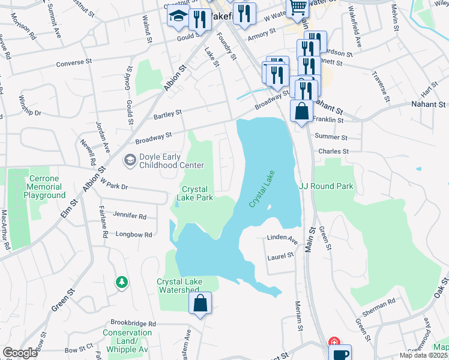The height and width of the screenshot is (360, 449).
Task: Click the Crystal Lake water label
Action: coord(262,188)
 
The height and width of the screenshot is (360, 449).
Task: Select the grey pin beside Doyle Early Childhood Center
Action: coord(128,160)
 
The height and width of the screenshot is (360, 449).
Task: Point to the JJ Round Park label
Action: coord(326,186)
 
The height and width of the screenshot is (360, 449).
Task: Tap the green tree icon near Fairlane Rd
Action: coord(122,281)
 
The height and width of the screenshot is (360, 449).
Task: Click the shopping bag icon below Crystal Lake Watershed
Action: coord(200,304)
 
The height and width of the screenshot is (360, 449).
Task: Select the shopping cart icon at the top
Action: coord(298,8)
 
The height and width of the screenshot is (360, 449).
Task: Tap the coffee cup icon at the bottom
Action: coord(341,354)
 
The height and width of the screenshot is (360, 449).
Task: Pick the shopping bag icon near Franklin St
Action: coord(301,112)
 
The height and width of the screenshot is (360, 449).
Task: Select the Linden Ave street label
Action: coord(282,239)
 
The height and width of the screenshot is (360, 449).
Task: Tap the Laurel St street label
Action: coord(281,256)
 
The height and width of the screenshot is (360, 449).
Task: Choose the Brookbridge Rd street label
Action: coord(131,323)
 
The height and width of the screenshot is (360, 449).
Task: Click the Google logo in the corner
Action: coord(20,353)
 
